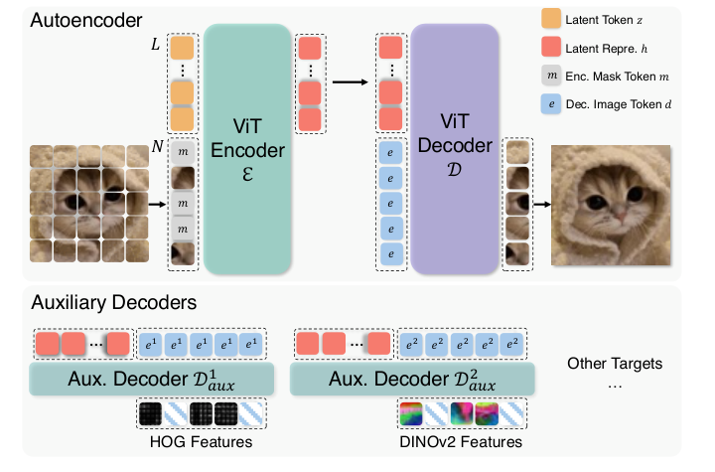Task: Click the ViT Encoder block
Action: point(246,149)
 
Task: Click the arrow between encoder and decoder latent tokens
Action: point(347,82)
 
